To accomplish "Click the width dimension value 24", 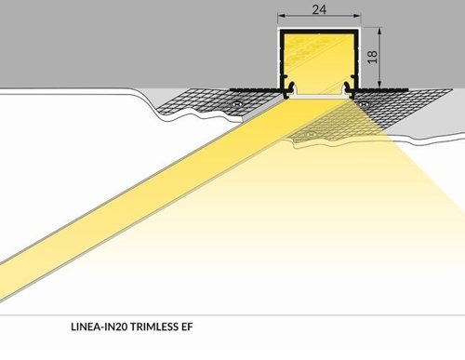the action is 317,11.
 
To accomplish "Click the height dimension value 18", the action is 372,58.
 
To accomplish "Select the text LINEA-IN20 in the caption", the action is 99,327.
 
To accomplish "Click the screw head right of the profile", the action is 365,105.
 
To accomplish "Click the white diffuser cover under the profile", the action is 319,98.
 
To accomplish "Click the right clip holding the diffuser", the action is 347,90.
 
